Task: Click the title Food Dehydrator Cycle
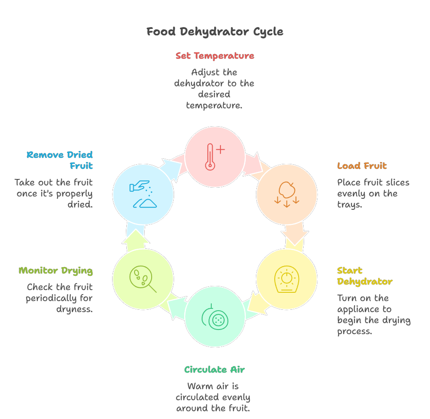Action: [215, 32]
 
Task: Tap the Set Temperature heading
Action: [215, 56]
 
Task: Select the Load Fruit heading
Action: [362, 166]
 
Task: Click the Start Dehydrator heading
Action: [365, 276]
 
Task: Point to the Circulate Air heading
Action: [215, 370]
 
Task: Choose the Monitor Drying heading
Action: [56, 271]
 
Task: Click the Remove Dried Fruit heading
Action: [60, 160]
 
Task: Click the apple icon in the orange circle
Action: [287, 194]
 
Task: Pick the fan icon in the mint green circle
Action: [215, 317]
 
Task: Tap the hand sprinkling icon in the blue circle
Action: [143, 194]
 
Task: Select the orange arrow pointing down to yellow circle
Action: [294, 234]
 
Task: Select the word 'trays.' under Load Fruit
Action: [350, 205]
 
